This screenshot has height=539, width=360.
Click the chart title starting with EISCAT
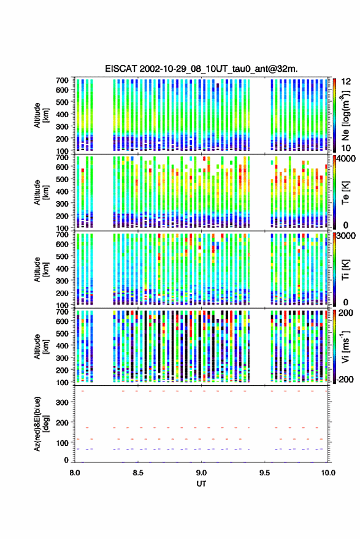[x=202, y=69]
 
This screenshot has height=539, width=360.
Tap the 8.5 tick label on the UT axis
[x=138, y=473]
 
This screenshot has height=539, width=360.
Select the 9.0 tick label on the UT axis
[x=202, y=473]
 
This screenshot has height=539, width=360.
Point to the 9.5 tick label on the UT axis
[x=265, y=473]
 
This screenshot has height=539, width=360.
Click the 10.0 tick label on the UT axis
[x=328, y=473]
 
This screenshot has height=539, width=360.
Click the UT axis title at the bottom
[x=201, y=484]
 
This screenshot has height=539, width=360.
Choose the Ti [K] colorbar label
[x=345, y=270]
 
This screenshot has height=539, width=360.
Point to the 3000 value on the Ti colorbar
[x=346, y=236]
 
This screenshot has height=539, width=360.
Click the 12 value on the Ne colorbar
[x=346, y=82]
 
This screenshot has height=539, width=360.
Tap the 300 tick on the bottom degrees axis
[x=62, y=402]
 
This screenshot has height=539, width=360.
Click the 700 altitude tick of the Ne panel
[x=62, y=80]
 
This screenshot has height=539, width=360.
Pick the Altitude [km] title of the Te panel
[x=41, y=192]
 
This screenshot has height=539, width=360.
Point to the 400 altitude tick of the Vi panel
[x=62, y=345]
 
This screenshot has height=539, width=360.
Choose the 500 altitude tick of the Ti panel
[x=62, y=256]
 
